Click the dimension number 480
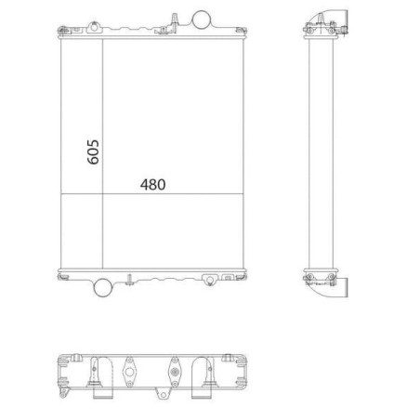pos(152,184)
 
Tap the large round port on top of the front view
pos(203,19)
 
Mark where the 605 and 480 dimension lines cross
pos(102,192)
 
